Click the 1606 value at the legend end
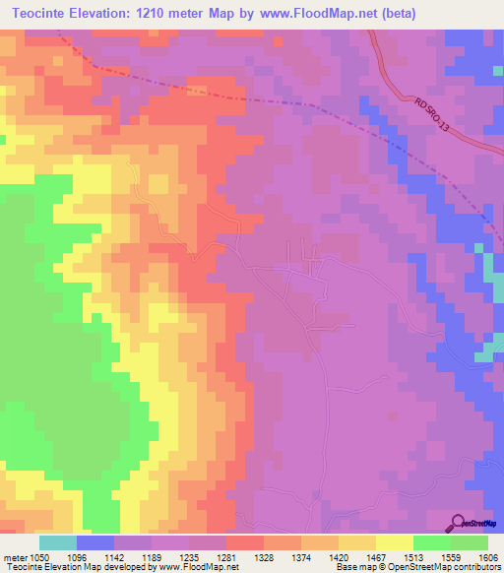[x=488, y=556]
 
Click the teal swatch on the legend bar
[x=57, y=542]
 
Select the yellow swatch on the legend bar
[x=395, y=542]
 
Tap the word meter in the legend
[x=16, y=556]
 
